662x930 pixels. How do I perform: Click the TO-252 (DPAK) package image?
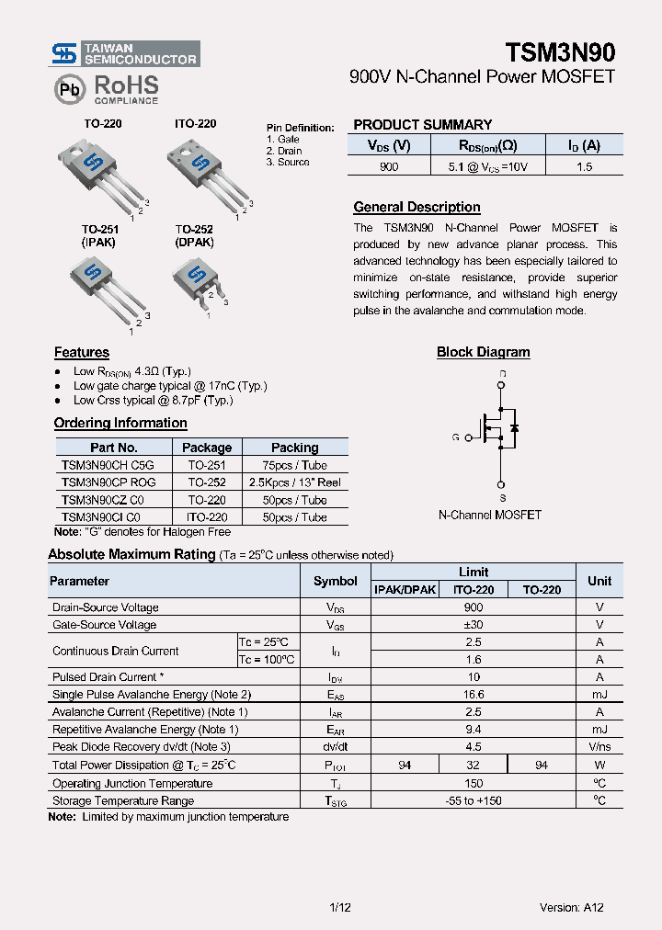198,280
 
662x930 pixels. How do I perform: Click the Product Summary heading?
422,125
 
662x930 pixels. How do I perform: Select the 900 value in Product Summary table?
389,167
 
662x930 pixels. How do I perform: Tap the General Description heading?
417,208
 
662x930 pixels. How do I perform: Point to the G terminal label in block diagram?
455,437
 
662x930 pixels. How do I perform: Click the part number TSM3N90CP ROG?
108,482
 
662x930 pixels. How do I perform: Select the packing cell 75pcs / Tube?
294,465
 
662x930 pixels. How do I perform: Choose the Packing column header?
294,448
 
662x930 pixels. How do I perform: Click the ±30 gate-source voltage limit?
474,625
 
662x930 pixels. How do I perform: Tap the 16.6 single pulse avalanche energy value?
474,695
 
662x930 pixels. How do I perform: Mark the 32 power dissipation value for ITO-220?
473,765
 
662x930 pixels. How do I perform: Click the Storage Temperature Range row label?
122,800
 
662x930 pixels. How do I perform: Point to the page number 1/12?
339,907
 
